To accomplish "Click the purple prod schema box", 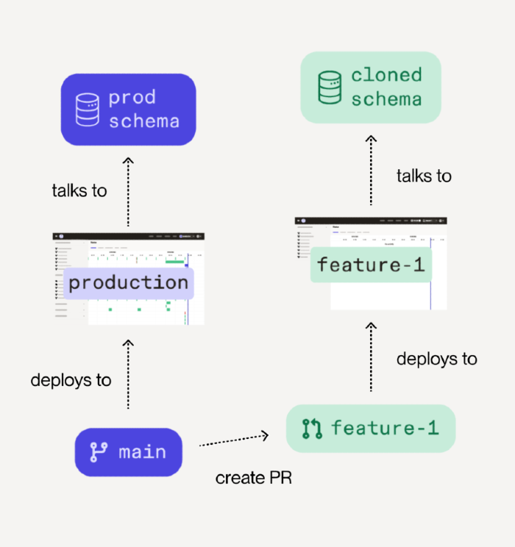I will pos(128,109).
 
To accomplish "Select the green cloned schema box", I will pos(371,87).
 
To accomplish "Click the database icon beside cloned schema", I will pos(330,87).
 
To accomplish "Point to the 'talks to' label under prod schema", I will pos(79,191).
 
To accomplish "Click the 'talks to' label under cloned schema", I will pos(424,176).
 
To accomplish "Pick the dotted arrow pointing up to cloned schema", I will pos(371,169).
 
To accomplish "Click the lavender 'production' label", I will pos(129,282).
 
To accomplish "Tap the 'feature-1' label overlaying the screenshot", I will pos(370,265).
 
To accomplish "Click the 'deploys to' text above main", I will pos(71,380).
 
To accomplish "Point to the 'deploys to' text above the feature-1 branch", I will pos(436,359).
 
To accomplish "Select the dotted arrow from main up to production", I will pos(128,373).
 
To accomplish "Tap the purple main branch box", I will pos(128,452).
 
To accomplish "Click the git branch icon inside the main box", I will pos(98,452).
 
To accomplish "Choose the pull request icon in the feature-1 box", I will pos(312,427).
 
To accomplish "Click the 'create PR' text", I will pos(253,478).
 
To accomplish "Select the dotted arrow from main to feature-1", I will pos(234,440).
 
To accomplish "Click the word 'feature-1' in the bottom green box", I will pos(384,427).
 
